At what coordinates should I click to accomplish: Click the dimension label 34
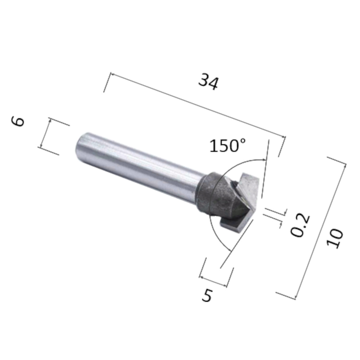[x=208, y=82]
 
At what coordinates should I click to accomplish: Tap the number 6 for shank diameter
[x=18, y=121]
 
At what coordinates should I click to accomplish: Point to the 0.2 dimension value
[x=300, y=226]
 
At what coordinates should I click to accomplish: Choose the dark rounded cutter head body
[x=216, y=194]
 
